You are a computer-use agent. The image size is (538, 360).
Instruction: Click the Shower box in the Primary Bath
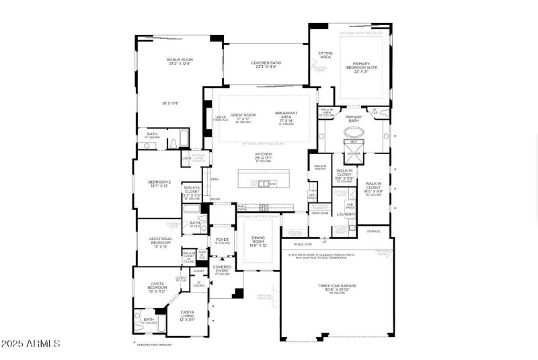(x=354, y=153)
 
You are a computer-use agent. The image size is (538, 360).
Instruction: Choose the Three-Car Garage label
(x=336, y=287)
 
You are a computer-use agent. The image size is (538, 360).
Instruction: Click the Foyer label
(x=222, y=239)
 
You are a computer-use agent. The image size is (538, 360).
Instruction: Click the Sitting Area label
(x=325, y=55)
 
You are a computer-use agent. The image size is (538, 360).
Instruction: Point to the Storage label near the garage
(x=373, y=231)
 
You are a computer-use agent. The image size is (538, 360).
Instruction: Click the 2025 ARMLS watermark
(x=32, y=344)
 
